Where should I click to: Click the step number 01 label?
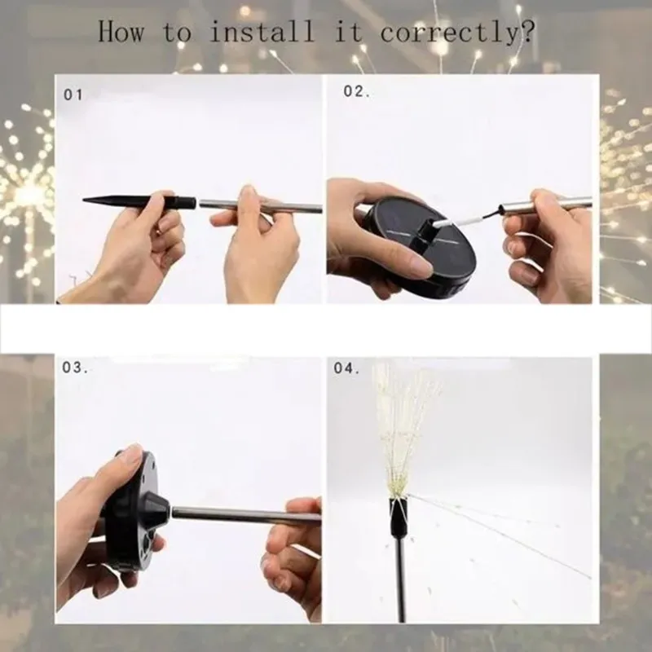click(73, 95)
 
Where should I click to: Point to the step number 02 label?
click(355, 91)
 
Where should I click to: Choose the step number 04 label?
click(346, 368)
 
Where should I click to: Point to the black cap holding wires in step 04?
click(398, 514)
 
